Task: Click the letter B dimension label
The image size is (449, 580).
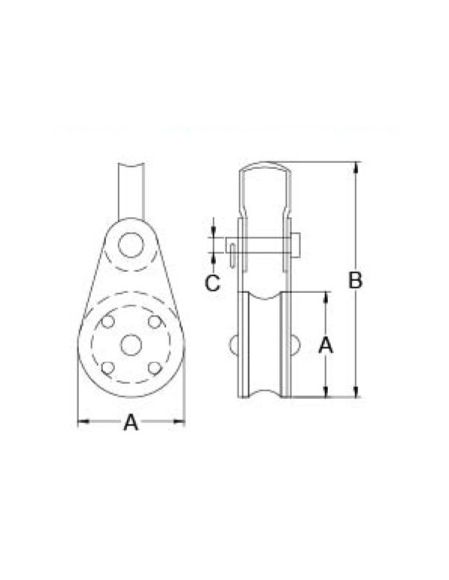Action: [355, 280]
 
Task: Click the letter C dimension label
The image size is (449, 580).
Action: [213, 283]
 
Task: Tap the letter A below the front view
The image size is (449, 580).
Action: [131, 422]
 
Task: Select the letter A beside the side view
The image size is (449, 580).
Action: [326, 345]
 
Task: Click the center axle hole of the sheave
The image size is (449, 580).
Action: [131, 345]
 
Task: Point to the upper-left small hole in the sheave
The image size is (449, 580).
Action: [108, 321]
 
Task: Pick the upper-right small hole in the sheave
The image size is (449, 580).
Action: [155, 321]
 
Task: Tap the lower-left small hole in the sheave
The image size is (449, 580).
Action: [108, 368]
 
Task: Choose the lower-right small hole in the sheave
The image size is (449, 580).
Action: [155, 368]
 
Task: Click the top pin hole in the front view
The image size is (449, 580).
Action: [131, 245]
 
